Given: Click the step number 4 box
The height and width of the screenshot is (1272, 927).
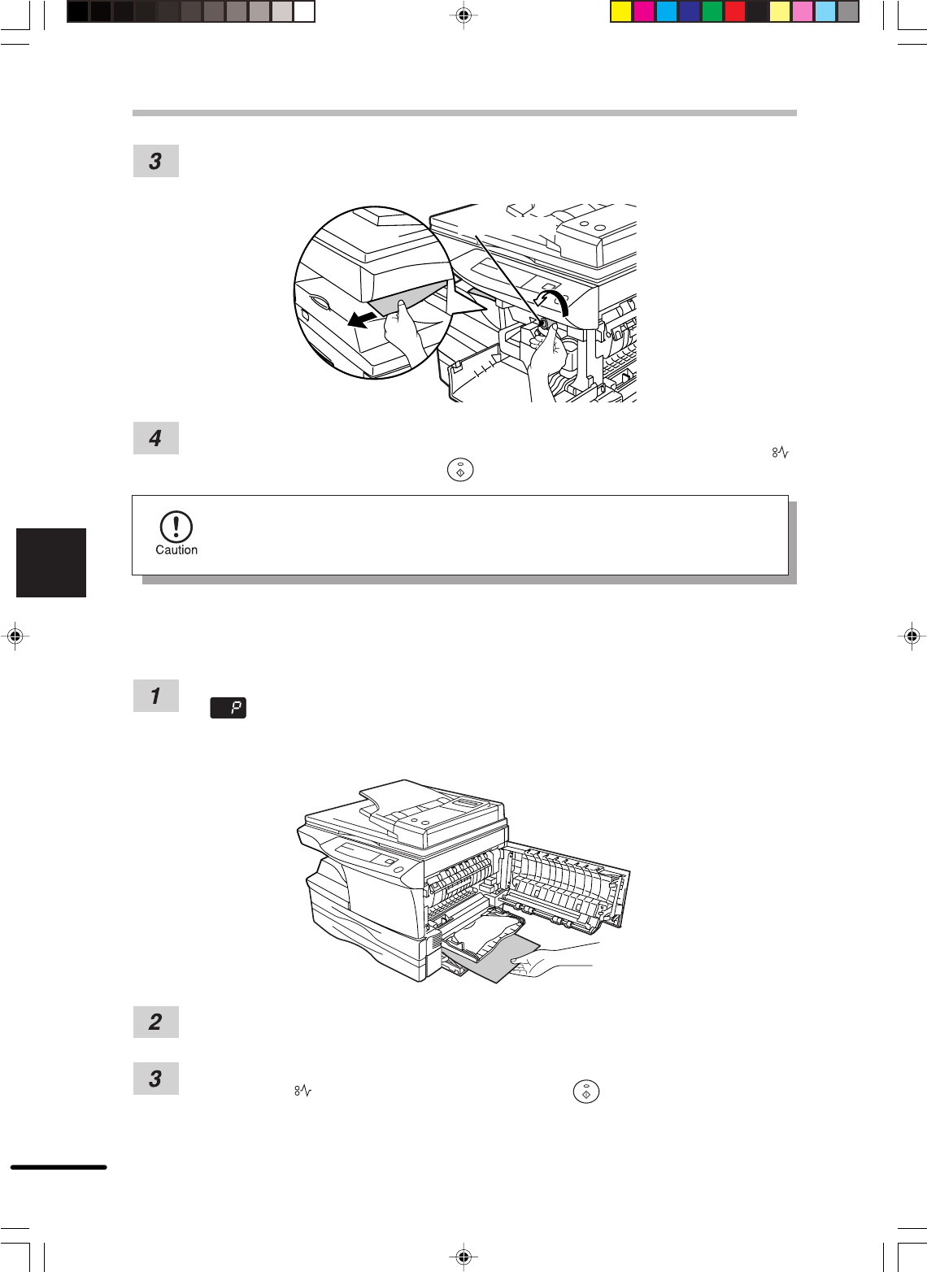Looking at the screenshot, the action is pyautogui.click(x=155, y=438).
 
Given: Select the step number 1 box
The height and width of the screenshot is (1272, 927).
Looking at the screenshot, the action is pyautogui.click(x=155, y=696).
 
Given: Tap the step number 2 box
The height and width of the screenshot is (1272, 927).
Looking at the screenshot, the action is pyautogui.click(x=155, y=1022).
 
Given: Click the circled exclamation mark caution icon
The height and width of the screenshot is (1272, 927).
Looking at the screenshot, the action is pyautogui.click(x=176, y=527).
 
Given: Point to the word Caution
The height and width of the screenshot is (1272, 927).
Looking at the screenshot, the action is pyautogui.click(x=176, y=549).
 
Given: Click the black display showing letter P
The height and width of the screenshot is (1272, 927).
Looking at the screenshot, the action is pyautogui.click(x=228, y=708).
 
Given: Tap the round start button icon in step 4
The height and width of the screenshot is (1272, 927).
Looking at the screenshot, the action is pyautogui.click(x=460, y=470).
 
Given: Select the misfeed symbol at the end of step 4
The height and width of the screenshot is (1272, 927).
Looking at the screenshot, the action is pyautogui.click(x=780, y=452).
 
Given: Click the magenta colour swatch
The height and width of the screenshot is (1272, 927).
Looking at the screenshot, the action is pyautogui.click(x=643, y=12).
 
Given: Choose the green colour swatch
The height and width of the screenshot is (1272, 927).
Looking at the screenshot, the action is pyautogui.click(x=712, y=12).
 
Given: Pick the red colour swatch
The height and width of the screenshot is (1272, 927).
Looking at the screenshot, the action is pyautogui.click(x=734, y=12).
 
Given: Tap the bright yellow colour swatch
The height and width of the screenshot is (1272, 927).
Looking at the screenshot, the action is pyautogui.click(x=620, y=12).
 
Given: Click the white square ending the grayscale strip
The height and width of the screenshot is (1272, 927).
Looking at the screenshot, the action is pyautogui.click(x=304, y=12).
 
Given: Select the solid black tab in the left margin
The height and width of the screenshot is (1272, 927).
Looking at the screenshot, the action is pyautogui.click(x=51, y=562).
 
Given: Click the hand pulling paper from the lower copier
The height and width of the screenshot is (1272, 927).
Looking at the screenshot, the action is pyautogui.click(x=546, y=962).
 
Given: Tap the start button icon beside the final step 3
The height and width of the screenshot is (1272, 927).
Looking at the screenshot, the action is pyautogui.click(x=586, y=1091).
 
